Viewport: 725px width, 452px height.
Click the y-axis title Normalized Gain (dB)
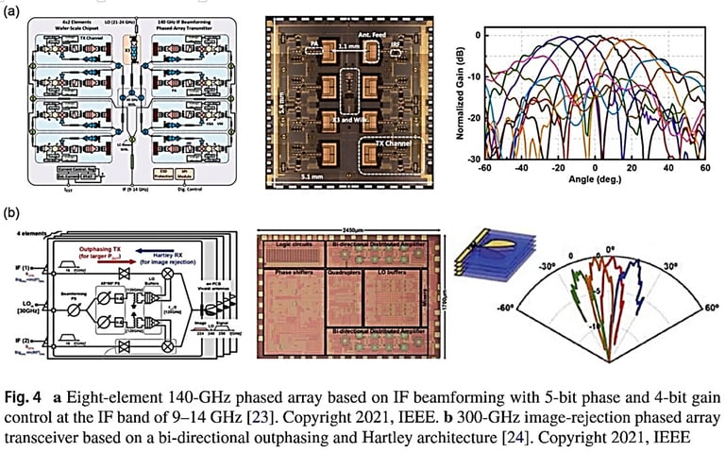464,98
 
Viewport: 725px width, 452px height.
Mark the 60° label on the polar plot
710,307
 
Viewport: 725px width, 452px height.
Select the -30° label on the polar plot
547,265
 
